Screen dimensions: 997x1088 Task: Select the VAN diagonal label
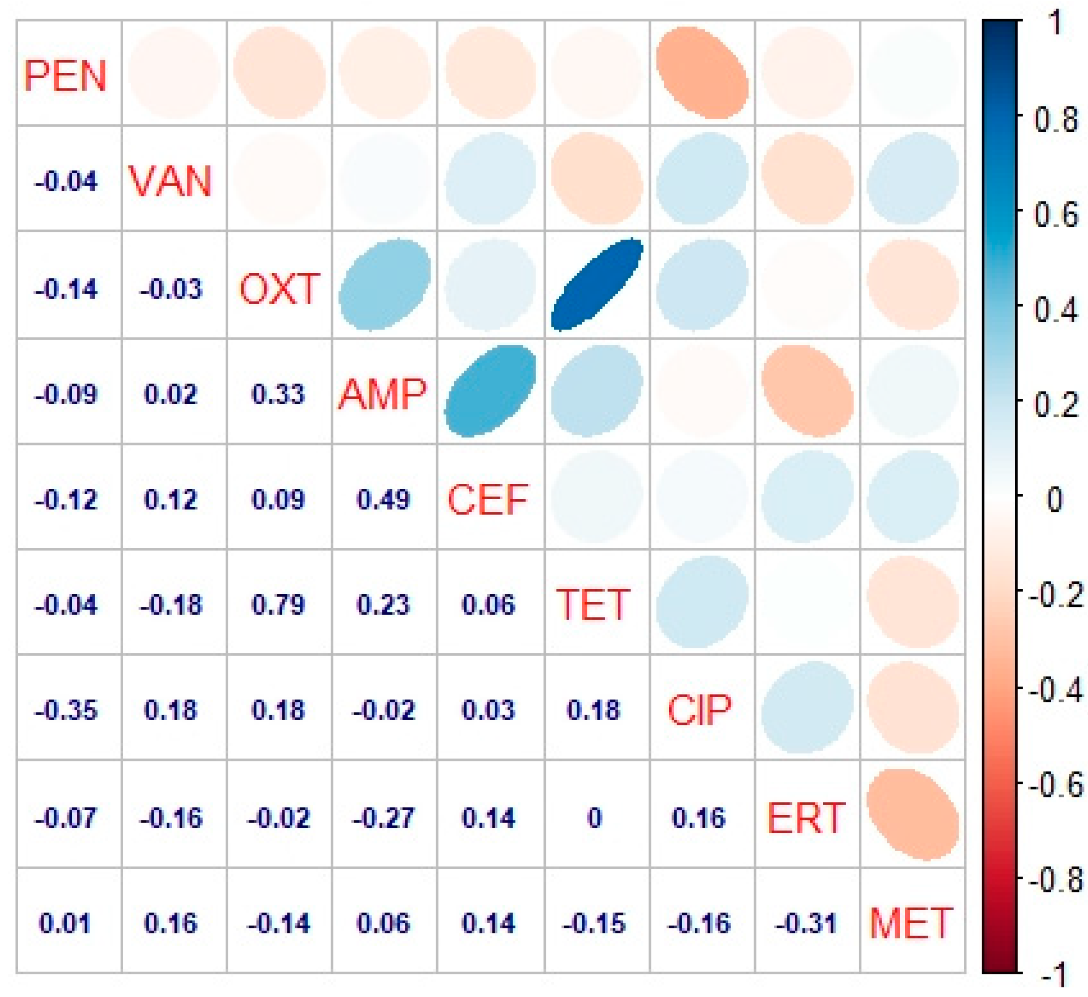(x=170, y=181)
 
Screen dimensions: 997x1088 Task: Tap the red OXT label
(x=280, y=289)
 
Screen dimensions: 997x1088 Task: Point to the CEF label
(x=488, y=500)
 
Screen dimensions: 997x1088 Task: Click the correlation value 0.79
(x=278, y=605)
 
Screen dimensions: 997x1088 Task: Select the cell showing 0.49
(x=383, y=500)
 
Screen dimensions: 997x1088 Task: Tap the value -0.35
(x=66, y=710)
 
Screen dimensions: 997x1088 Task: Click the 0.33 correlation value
(x=278, y=394)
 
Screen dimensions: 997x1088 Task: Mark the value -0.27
(x=383, y=818)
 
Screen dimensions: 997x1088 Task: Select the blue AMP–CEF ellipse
(x=490, y=391)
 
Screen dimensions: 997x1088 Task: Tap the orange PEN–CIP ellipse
(x=702, y=73)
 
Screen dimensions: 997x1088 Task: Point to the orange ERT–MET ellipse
(x=913, y=815)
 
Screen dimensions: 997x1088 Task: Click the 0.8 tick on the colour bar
(x=1055, y=119)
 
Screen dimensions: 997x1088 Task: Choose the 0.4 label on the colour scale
(x=1055, y=310)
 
